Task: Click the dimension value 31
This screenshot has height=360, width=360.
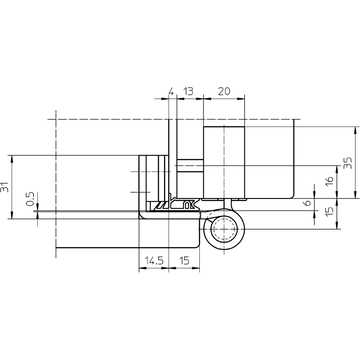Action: coord(4,187)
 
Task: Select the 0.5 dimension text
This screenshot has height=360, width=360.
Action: coord(30,199)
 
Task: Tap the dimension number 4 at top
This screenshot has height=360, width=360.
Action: coord(171,91)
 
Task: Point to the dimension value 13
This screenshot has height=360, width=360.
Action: coord(188,91)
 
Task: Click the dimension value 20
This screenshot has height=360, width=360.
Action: coord(224,91)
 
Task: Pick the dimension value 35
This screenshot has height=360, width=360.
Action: coord(348,163)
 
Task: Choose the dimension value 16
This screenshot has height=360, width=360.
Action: coord(329,181)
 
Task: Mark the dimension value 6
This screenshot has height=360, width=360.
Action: coord(307,202)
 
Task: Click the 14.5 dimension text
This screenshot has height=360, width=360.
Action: coord(154,261)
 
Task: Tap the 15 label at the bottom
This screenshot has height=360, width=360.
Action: coord(184,261)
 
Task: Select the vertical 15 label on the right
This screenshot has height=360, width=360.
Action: coord(329,211)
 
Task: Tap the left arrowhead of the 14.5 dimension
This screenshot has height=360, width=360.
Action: coord(143,268)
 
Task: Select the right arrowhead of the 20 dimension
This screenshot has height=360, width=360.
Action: coord(241,99)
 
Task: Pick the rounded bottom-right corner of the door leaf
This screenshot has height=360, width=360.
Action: coord(198,246)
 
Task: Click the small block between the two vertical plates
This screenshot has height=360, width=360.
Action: coord(190,165)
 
